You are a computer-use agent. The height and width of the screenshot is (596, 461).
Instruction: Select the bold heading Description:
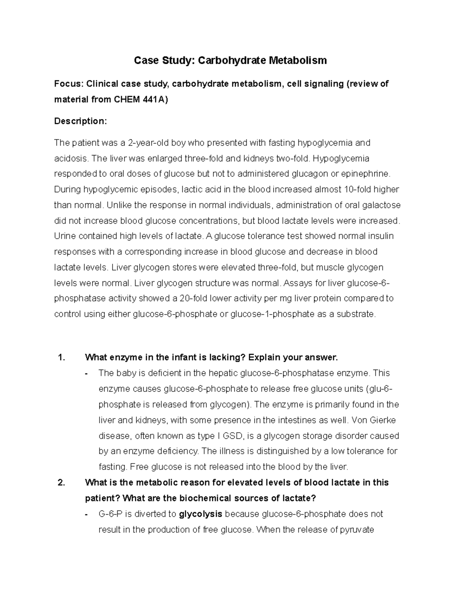pos(81,121)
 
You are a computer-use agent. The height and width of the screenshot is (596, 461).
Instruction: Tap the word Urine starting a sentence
pos(65,236)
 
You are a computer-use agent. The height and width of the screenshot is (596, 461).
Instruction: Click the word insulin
pos(381,236)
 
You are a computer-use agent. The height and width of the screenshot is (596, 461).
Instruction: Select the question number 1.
pos(61,358)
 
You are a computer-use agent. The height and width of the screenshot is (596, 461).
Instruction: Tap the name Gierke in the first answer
pos(384,420)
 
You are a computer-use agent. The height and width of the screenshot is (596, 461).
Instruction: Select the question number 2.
pos(61,483)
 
